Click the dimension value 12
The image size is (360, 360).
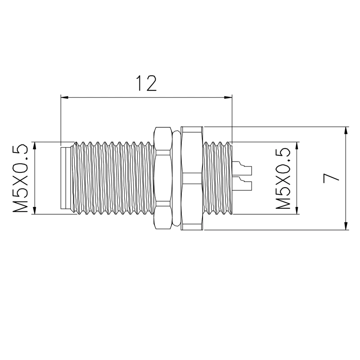click(147, 83)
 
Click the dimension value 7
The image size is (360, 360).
click(331, 178)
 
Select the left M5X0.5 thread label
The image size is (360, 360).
click(20, 178)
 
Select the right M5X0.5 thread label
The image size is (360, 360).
click(283, 178)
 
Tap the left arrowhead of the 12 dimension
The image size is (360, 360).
click(64, 97)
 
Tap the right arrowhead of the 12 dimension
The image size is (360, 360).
click(228, 97)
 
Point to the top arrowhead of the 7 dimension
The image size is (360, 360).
click(346, 130)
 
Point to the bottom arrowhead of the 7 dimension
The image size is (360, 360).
click(346, 226)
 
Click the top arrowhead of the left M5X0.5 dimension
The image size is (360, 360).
click(35, 146)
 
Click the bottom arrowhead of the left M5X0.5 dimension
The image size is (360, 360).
click(35, 210)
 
